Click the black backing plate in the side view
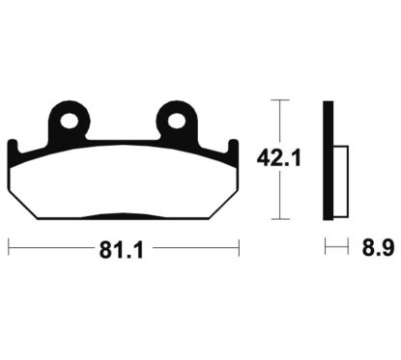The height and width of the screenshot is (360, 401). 329,159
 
